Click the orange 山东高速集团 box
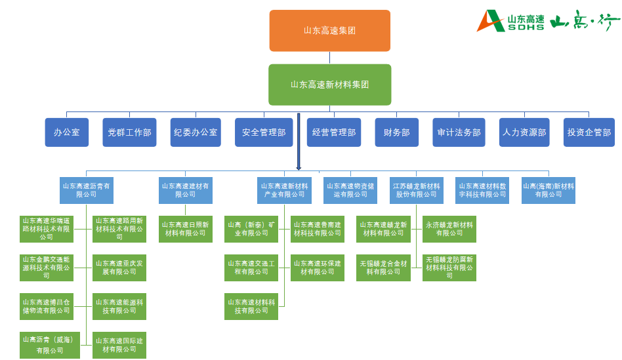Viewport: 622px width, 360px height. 329,30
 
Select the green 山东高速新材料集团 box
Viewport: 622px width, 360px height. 329,85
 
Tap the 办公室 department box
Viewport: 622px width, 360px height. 66,132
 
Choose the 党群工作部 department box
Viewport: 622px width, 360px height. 129,132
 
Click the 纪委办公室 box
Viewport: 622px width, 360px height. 196,132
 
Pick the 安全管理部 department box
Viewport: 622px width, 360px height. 264,132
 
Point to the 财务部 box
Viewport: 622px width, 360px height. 396,132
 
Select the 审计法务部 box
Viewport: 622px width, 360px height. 459,132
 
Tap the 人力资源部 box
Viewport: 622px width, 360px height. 524,132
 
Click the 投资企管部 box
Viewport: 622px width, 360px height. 589,132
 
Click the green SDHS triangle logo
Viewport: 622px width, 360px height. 491,21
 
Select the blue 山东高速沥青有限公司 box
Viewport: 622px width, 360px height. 86,190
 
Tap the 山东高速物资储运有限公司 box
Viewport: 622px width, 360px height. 350,190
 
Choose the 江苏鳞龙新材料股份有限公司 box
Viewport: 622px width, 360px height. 416,190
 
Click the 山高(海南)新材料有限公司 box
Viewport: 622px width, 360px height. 549,190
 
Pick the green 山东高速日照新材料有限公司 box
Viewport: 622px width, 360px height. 186,229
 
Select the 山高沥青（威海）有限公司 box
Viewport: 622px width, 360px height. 49,345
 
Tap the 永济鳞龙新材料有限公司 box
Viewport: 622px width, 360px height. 449,229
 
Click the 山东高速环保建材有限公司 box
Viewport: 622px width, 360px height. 317,268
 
